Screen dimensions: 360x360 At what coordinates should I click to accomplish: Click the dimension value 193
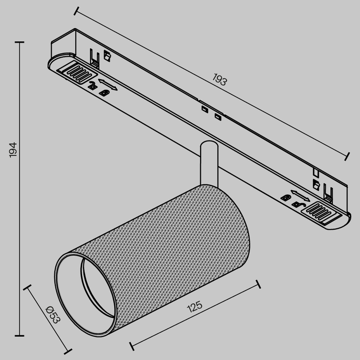[219, 80]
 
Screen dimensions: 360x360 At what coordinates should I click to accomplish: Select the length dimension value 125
[195, 307]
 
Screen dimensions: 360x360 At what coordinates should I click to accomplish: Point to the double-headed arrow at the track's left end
[108, 84]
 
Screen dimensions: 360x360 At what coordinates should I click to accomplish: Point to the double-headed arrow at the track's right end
[299, 194]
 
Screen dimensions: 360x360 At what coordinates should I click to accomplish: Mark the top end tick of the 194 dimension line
[19, 42]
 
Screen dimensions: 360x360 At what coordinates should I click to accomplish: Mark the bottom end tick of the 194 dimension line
[19, 336]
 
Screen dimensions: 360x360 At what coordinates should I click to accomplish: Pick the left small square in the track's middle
[204, 109]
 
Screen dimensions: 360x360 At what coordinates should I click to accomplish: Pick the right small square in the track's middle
[217, 116]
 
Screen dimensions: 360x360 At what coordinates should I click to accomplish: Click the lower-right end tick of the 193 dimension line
[347, 155]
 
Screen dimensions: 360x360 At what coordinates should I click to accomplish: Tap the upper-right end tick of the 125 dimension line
[257, 285]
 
